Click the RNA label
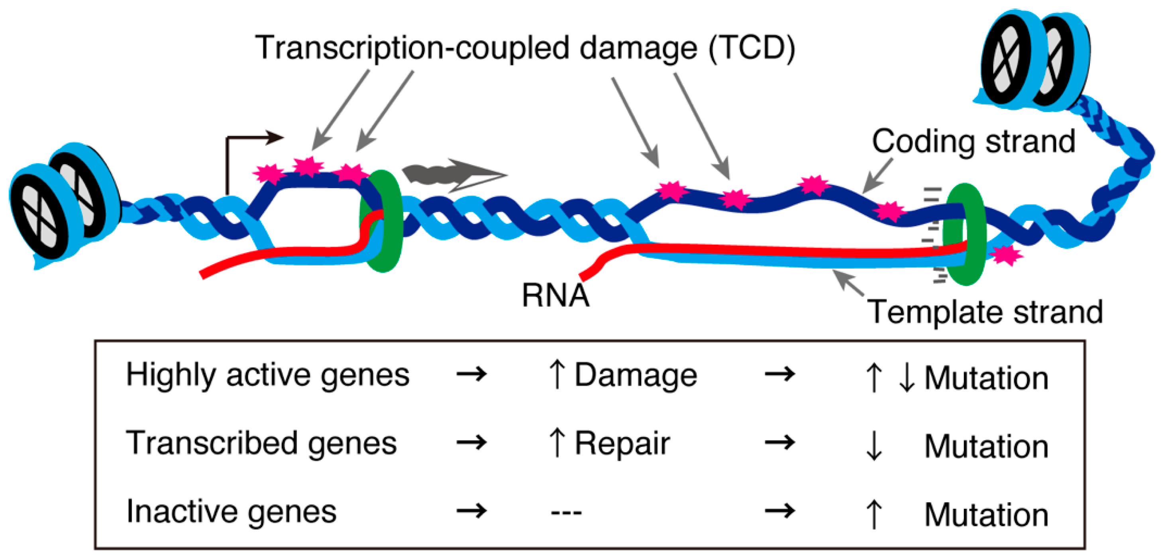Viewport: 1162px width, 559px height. pyautogui.click(x=555, y=296)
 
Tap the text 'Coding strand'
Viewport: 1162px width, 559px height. pyautogui.click(x=974, y=141)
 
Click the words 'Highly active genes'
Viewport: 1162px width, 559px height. pyautogui.click(x=267, y=375)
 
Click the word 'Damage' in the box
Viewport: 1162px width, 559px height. pyautogui.click(x=636, y=375)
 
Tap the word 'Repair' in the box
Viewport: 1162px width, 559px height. pyautogui.click(x=622, y=443)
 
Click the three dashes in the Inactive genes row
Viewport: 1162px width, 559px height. pyautogui.click(x=566, y=512)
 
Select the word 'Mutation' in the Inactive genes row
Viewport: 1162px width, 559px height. pyautogui.click(x=987, y=514)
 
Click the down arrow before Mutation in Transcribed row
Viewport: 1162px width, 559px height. pyautogui.click(x=874, y=445)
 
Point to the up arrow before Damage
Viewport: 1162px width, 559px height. pyautogui.click(x=557, y=375)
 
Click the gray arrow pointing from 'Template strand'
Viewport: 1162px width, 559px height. pyautogui.click(x=848, y=282)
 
